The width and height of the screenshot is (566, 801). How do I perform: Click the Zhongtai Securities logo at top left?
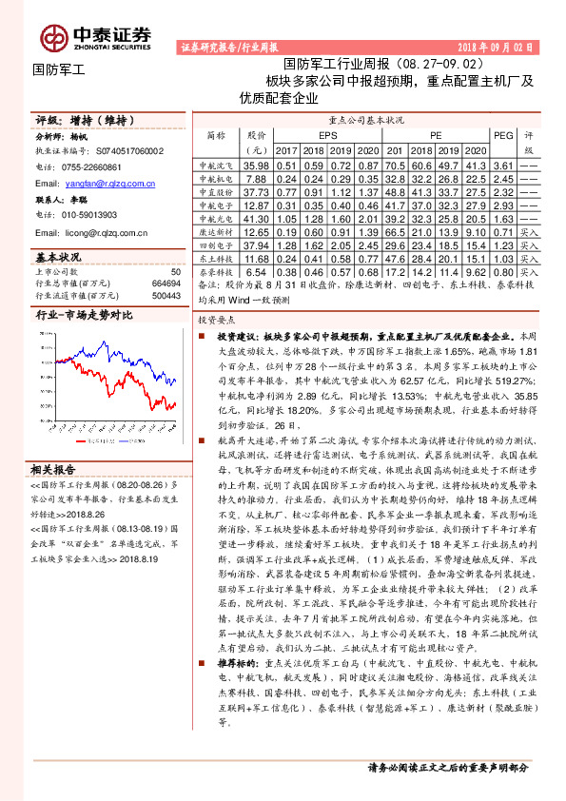(x=95, y=35)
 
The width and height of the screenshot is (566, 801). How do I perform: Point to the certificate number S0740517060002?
(x=120, y=151)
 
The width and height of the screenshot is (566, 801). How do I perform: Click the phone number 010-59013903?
(x=98, y=215)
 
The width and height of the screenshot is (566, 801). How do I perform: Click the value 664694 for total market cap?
(x=166, y=283)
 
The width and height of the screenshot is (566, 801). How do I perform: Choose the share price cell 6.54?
(x=257, y=271)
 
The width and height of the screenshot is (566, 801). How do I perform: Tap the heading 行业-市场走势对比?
(x=84, y=315)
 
